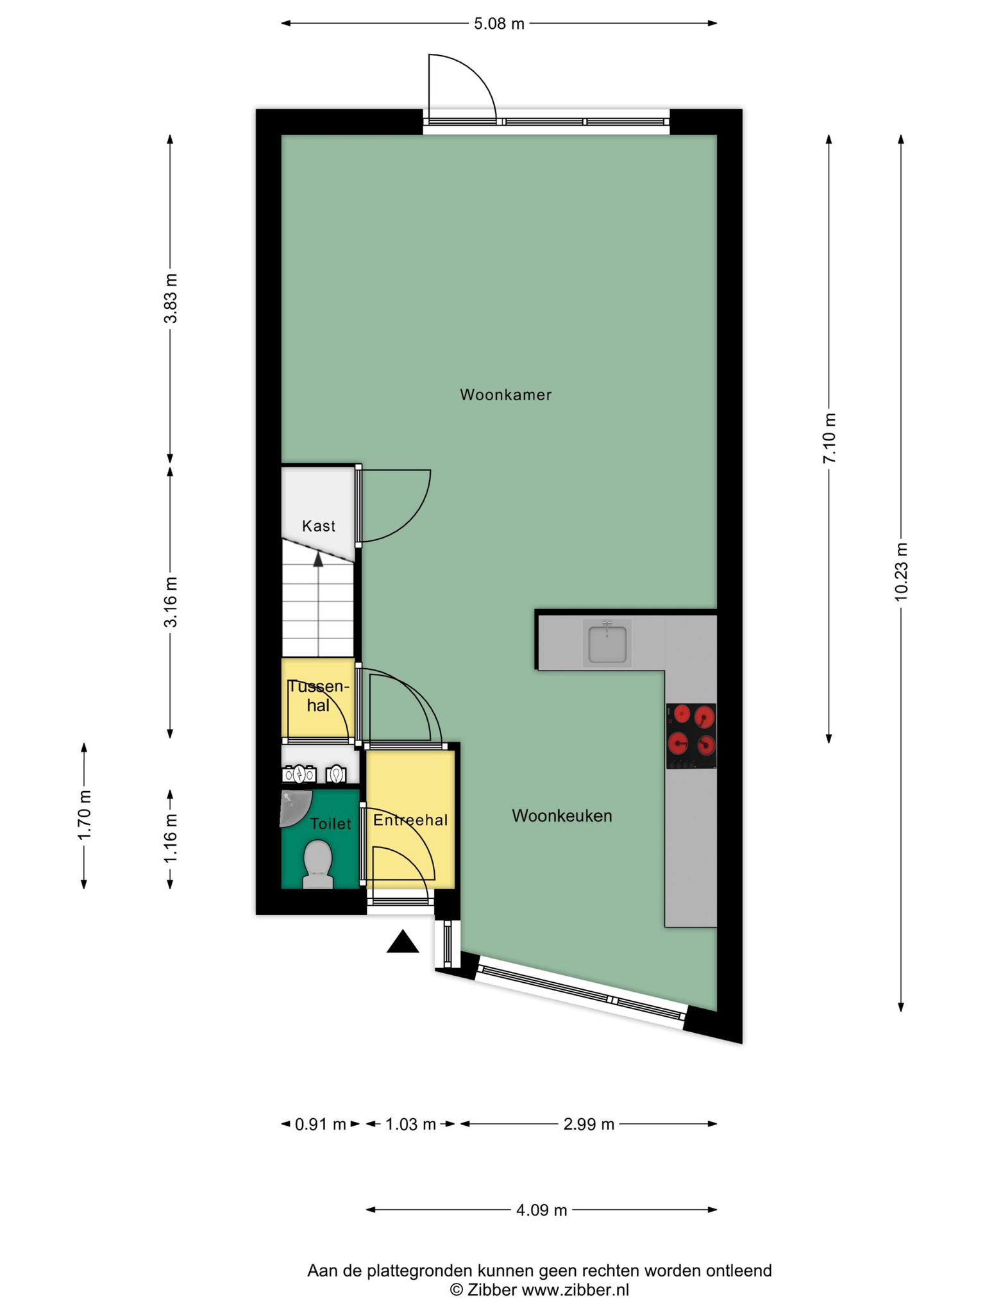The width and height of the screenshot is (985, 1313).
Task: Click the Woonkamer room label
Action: coord(505,395)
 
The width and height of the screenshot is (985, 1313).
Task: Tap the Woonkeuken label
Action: coord(562,816)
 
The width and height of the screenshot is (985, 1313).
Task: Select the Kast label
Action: coord(319,526)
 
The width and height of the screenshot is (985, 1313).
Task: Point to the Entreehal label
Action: coord(410,820)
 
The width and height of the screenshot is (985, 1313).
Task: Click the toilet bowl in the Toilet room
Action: coord(317,864)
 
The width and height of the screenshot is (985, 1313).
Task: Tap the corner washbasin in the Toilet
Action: coord(295,808)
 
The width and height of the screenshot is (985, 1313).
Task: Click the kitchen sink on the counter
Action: coord(607,642)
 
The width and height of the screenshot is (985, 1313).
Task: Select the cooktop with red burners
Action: coord(691,736)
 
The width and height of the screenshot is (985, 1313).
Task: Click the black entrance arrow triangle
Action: coord(403,942)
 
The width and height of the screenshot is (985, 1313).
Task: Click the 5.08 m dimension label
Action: coord(499,24)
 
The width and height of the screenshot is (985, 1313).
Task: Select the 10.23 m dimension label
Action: coord(902,572)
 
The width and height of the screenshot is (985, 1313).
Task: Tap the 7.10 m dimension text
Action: coord(830,438)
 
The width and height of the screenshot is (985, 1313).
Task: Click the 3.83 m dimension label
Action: coord(170,299)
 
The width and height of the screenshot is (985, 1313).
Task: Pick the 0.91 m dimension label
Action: coord(320,1124)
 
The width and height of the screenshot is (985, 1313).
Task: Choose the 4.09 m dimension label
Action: coord(542,1210)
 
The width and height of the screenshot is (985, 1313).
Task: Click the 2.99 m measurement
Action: coord(589,1124)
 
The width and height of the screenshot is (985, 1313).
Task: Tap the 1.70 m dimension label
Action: coord(84,815)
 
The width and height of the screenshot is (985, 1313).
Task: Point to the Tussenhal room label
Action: coord(319,696)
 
